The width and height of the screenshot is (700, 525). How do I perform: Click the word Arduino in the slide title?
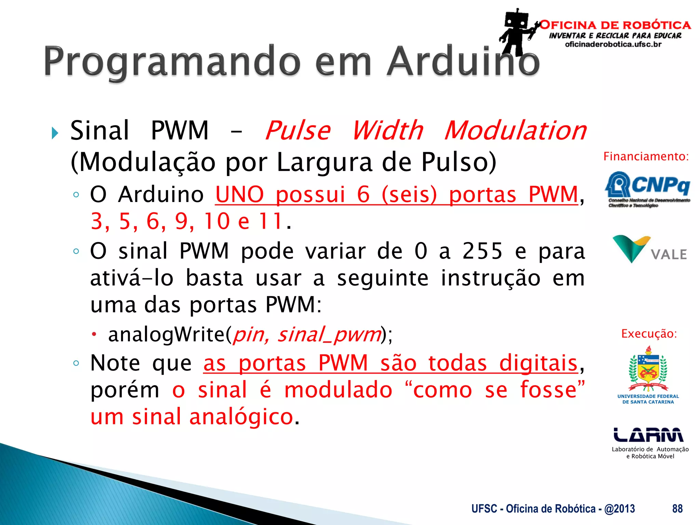[x=463, y=62]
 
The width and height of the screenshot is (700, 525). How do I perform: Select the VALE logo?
[x=649, y=250]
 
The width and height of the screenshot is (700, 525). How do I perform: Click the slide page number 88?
[x=677, y=509]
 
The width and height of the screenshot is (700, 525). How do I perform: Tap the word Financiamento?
[x=646, y=157]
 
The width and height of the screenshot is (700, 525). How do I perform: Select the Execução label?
[x=649, y=334]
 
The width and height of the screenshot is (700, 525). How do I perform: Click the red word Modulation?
[x=515, y=131]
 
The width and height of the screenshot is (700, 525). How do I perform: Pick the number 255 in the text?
[x=482, y=251]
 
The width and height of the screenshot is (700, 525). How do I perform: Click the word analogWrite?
[x=167, y=334]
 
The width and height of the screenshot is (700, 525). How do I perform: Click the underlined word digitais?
[x=538, y=363]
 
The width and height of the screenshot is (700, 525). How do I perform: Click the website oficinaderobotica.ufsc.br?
[x=613, y=44]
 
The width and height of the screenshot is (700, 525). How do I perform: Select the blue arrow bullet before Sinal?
[x=55, y=133]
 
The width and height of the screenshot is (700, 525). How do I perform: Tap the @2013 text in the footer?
[x=620, y=509]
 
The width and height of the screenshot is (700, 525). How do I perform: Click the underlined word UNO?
[x=240, y=195]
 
